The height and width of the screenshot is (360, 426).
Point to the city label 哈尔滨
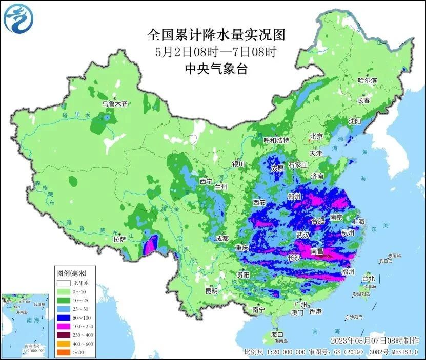[367, 81]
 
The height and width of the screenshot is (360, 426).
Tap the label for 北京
[316, 136]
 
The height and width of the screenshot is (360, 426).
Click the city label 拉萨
[119, 239]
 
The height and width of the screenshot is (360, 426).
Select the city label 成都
[221, 238]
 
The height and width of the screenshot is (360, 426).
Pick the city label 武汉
[303, 235]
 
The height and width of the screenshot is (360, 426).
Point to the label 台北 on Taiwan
[369, 279]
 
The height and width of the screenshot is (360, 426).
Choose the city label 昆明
[211, 291]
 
